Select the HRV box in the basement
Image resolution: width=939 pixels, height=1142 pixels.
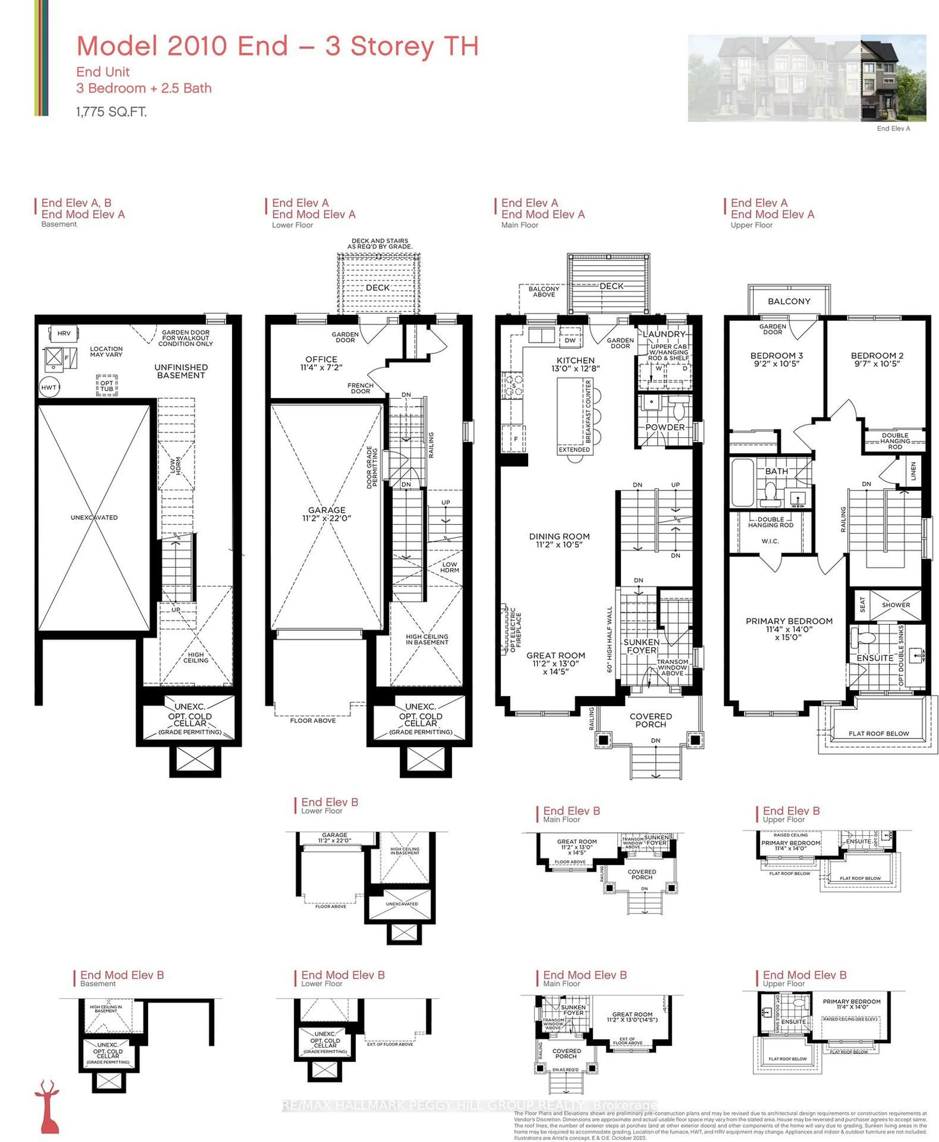coord(64,333)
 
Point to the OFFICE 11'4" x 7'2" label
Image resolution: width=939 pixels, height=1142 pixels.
coord(321,363)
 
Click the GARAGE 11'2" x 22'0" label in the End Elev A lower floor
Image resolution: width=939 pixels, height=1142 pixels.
coord(327,514)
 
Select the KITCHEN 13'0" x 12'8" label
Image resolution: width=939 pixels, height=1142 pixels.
coord(576,364)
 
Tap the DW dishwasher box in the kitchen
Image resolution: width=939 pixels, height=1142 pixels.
coord(570,340)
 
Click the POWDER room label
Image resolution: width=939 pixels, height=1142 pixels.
coord(665,427)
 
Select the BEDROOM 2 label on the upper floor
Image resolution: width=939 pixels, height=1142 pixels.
coord(877,359)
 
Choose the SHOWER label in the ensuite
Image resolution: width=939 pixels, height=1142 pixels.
coord(896,605)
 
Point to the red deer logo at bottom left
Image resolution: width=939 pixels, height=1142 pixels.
coord(48,1106)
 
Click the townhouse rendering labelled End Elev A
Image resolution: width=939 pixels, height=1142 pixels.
coord(806,79)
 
